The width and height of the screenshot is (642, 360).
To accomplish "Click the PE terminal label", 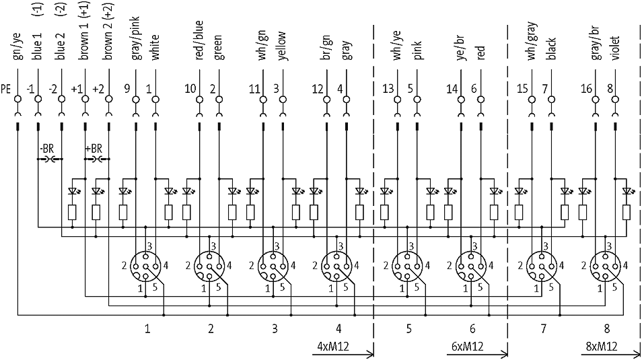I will click(6, 88).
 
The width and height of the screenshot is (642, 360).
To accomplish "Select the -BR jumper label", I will click(46, 148).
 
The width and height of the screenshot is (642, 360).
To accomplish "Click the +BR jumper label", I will click(94, 148).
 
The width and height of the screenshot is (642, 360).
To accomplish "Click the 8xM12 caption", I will click(599, 346).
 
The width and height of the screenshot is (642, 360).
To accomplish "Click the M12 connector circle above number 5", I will click(408, 267).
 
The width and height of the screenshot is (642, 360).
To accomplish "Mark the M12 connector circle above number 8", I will click(606, 267).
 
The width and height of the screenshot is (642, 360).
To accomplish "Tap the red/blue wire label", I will click(199, 44).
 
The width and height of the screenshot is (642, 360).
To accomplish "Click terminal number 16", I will click(586, 88).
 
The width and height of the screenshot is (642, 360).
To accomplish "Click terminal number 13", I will click(388, 88).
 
